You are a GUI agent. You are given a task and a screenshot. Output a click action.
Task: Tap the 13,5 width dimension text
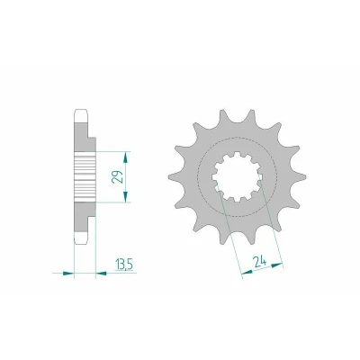[124, 265]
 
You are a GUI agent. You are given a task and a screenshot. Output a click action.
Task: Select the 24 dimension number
[260, 263]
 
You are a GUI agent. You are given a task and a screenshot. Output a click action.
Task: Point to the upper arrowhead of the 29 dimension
[126, 157]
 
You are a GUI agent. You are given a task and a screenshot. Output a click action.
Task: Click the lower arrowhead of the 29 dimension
[126, 196]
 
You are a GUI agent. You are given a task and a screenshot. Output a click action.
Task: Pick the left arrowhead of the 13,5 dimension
[68, 273]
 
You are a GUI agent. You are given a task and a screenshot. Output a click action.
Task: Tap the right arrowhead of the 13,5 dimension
[101, 273]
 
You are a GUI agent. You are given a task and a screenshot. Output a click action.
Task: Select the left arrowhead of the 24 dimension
[247, 272]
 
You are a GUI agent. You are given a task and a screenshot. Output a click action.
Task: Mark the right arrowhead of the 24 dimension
[277, 265]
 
